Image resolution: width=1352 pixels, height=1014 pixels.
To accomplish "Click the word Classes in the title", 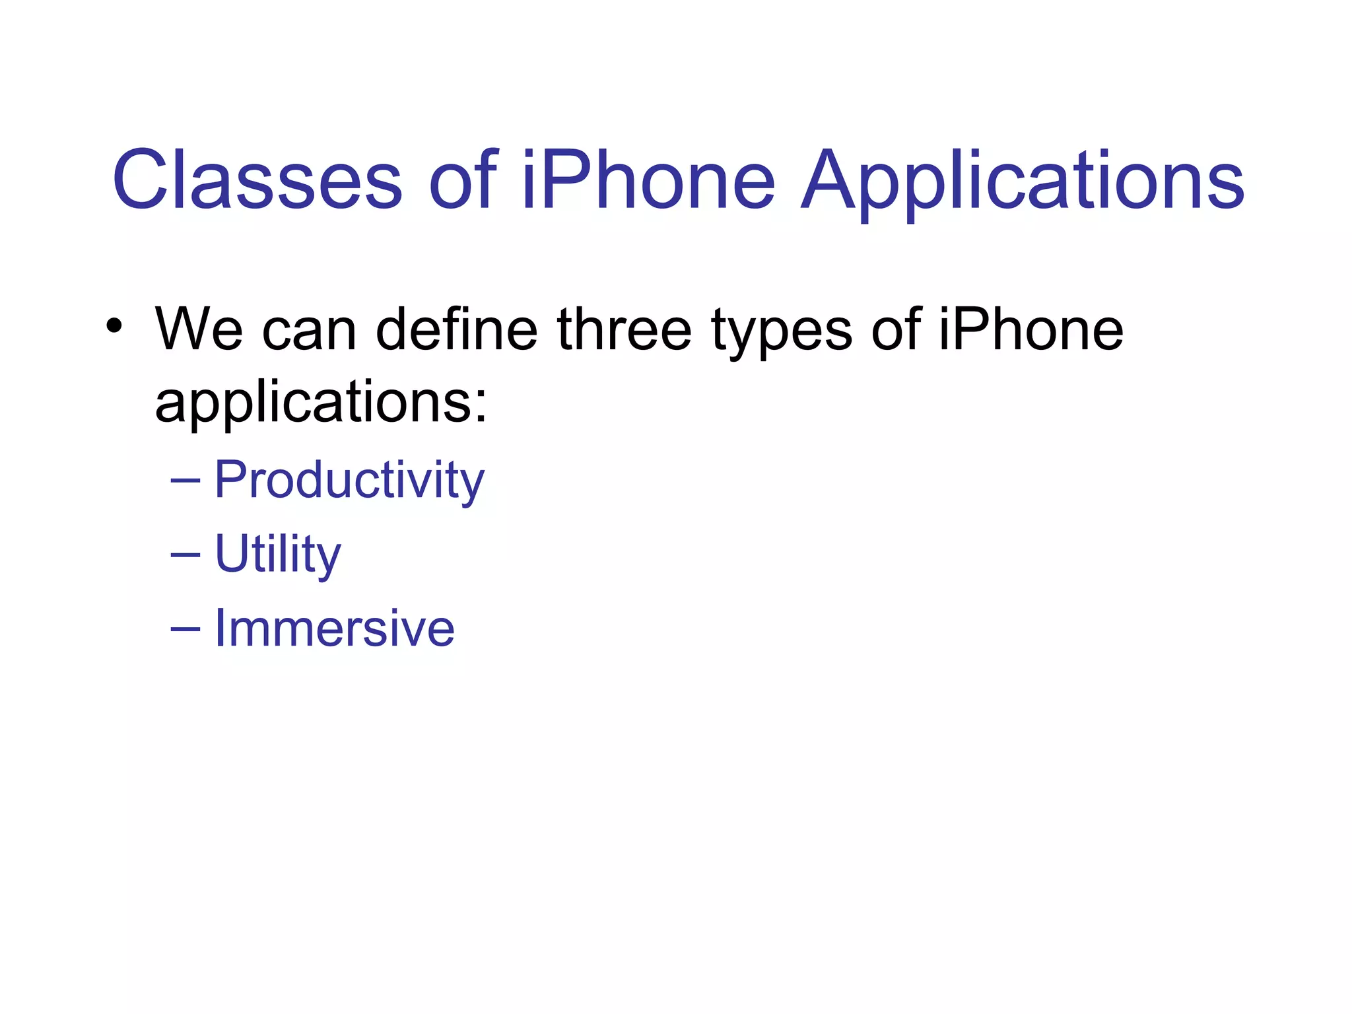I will (x=257, y=180).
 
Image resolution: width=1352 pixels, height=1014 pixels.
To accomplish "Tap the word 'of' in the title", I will (x=463, y=180).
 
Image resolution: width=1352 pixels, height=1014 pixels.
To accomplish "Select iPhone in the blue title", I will (x=648, y=180).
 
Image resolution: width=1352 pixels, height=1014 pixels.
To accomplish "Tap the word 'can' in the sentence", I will (x=309, y=330).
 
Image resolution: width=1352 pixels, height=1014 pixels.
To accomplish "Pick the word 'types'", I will (x=781, y=333).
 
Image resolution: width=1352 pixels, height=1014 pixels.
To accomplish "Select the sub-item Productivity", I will (x=349, y=481).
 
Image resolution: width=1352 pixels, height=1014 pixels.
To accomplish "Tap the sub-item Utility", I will (x=278, y=555).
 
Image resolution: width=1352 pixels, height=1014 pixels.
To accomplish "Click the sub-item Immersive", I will (x=335, y=628).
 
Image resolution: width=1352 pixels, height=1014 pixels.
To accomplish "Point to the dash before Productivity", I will (x=185, y=482).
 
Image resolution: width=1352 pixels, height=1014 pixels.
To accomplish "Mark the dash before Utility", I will (x=185, y=556).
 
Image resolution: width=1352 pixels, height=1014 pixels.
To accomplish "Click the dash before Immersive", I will (x=185, y=630).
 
